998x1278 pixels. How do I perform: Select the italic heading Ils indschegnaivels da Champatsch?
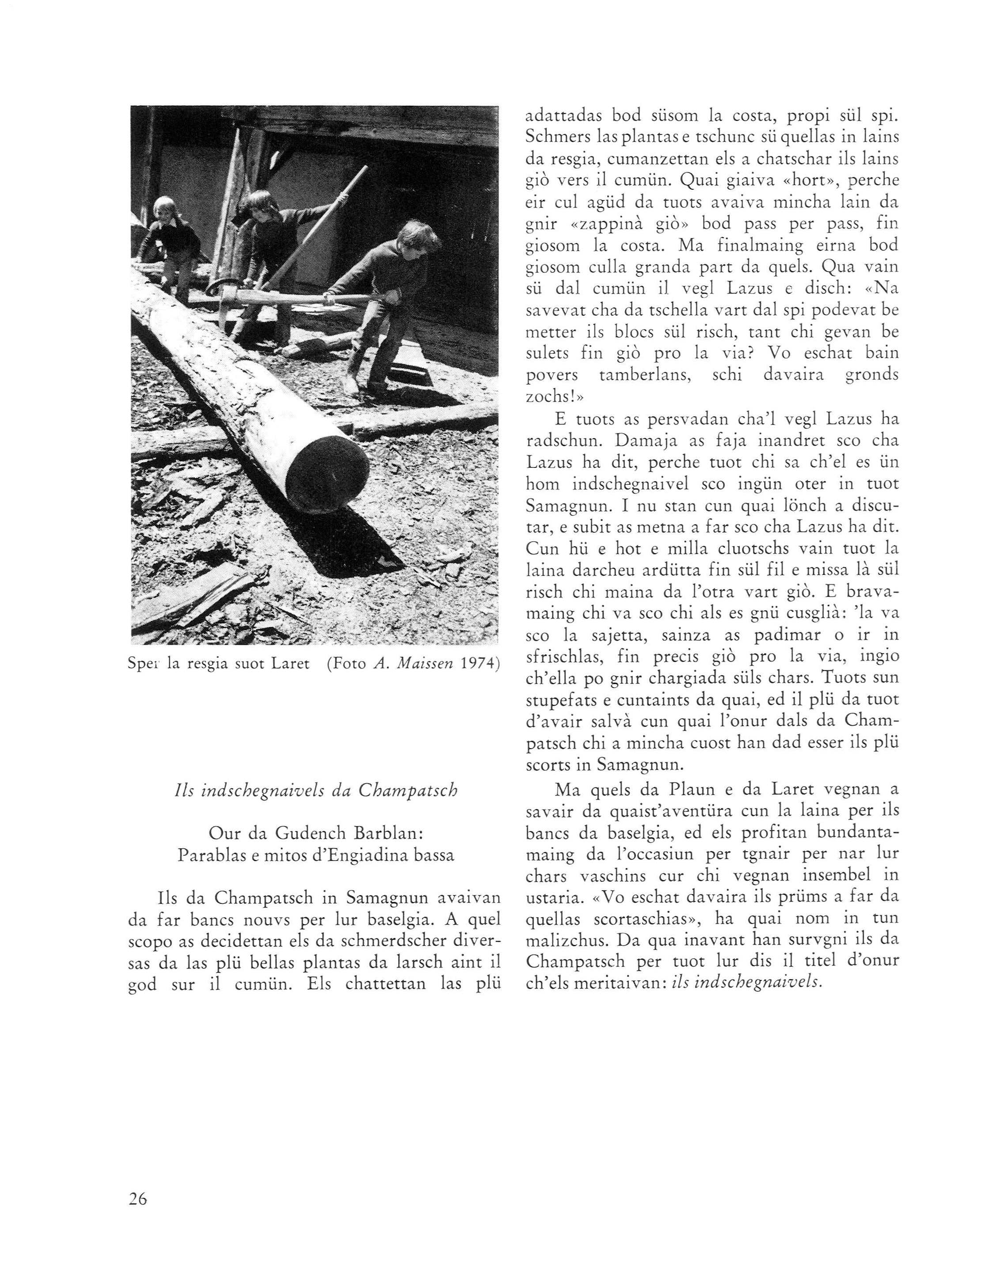[x=316, y=791]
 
